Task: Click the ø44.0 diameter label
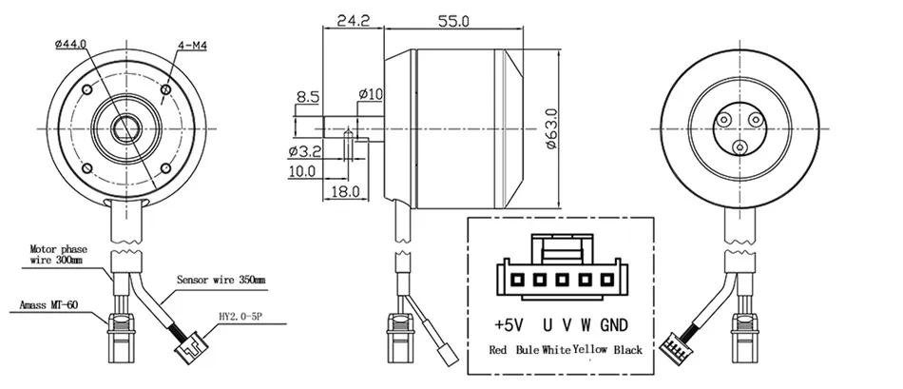pyautogui.click(x=71, y=44)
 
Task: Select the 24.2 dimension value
pyautogui.click(x=352, y=21)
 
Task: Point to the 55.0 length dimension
pyautogui.click(x=453, y=21)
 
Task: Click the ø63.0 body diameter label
pyautogui.click(x=551, y=129)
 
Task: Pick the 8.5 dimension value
pyautogui.click(x=308, y=97)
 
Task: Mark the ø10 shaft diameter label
pyautogui.click(x=370, y=93)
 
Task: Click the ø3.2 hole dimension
pyautogui.click(x=305, y=151)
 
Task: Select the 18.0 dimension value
pyautogui.click(x=345, y=190)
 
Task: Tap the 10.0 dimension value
pyautogui.click(x=301, y=170)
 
